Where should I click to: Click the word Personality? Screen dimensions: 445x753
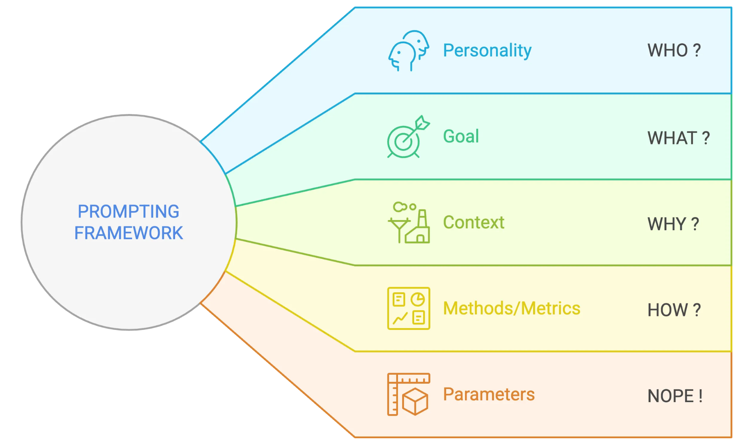487,51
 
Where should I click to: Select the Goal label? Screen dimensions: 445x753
461,136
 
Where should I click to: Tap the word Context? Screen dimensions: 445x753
474,222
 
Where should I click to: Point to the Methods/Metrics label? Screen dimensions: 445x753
512,308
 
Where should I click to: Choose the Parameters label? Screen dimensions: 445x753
489,394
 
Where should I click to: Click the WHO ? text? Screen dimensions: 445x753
674,50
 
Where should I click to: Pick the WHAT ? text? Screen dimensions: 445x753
678,138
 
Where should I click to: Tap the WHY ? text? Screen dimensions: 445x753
673,224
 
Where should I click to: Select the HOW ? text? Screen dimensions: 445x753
674,310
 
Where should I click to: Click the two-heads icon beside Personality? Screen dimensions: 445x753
409,51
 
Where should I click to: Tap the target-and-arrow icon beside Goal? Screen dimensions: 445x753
408,137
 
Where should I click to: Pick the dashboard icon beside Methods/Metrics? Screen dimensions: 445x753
409,308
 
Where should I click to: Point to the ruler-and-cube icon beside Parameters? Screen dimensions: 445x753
409,394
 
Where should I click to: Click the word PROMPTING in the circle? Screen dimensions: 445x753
128,211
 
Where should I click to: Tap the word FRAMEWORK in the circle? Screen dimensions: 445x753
128,233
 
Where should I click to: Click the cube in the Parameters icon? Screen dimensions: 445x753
415,402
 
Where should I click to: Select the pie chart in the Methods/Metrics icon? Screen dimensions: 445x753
418,299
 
